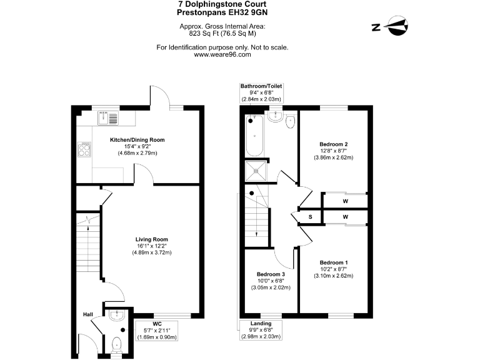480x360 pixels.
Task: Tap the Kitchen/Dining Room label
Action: [137, 139]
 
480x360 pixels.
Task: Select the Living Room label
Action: [152, 239]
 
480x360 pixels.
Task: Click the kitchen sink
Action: [107, 117]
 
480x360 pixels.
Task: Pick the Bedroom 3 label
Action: [271, 274]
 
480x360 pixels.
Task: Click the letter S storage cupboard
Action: [311, 217]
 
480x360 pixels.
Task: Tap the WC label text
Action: [157, 323]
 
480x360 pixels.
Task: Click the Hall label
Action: [89, 314]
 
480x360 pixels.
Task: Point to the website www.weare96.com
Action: [222, 54]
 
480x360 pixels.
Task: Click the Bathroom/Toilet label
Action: [261, 85]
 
